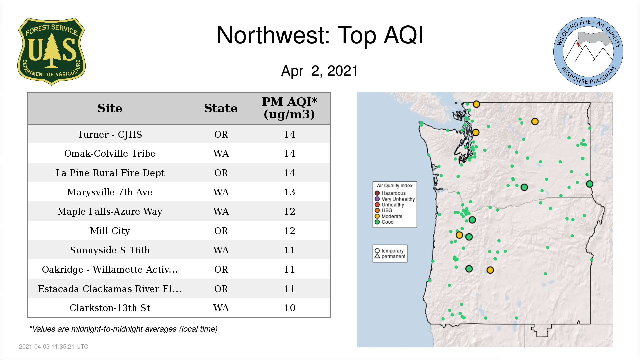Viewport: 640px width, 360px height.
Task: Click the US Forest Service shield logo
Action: click(51, 51)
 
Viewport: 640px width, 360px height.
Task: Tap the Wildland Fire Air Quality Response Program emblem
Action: click(588, 52)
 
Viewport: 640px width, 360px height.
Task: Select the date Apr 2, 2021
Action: click(319, 71)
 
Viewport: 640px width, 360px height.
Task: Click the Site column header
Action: click(110, 108)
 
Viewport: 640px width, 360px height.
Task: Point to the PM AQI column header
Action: click(289, 108)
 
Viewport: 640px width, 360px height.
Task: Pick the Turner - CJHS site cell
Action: click(110, 134)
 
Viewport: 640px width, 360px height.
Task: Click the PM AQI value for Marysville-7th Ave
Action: click(289, 192)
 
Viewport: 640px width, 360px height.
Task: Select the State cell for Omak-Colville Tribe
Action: click(221, 154)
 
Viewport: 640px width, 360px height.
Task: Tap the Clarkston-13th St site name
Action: click(110, 308)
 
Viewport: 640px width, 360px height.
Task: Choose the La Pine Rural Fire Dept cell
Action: click(110, 173)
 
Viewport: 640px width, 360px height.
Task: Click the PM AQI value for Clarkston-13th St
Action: click(289, 308)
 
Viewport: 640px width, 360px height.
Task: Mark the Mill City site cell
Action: click(110, 231)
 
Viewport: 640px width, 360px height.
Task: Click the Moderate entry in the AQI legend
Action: click(389, 216)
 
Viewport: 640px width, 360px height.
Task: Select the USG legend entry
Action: click(384, 210)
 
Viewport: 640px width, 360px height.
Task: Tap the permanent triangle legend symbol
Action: click(377, 256)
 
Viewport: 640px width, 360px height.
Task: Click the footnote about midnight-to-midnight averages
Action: click(123, 329)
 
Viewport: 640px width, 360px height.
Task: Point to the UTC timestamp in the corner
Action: click(53, 347)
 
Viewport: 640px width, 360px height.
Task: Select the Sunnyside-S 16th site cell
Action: click(110, 250)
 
